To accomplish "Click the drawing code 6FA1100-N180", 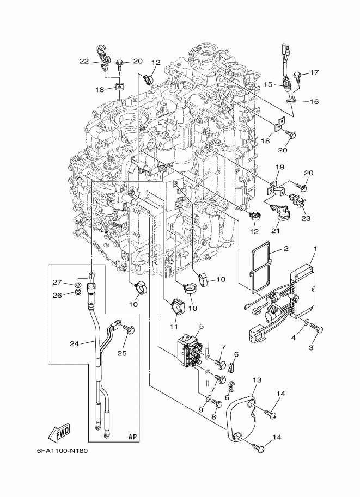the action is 60,451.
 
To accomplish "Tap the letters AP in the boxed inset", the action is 132,437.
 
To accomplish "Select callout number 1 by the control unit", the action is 315,249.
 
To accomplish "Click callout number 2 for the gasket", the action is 286,248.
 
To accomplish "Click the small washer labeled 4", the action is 305,322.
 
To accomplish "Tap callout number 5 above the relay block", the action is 202,326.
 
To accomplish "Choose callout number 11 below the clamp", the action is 174,326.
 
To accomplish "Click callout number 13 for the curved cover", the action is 257,380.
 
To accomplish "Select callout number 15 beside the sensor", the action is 268,84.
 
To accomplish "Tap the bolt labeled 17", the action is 298,76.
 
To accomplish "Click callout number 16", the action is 314,101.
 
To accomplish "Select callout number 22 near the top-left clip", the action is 84,62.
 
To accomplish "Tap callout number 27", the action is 57,283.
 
